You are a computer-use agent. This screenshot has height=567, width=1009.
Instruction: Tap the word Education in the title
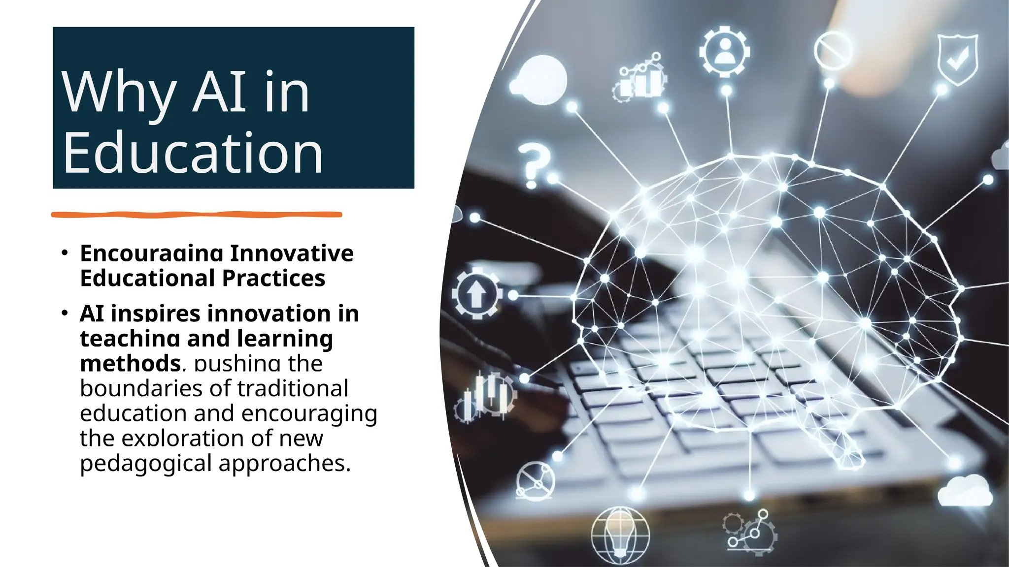click(x=193, y=153)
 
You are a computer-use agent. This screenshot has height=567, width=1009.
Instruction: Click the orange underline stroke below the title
click(x=197, y=214)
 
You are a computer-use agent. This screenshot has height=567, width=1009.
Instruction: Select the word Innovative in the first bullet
click(x=292, y=253)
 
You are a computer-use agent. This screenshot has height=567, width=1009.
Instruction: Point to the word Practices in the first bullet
click(x=273, y=278)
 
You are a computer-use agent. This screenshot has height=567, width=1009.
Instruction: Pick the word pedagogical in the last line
click(x=146, y=463)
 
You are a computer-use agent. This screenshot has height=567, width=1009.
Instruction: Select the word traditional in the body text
click(x=286, y=388)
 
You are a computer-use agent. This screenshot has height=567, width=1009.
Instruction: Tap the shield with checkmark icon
click(x=957, y=59)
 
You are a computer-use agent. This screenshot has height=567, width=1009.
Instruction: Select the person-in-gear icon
click(x=724, y=51)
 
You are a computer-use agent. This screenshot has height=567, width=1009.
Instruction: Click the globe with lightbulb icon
click(x=620, y=535)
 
